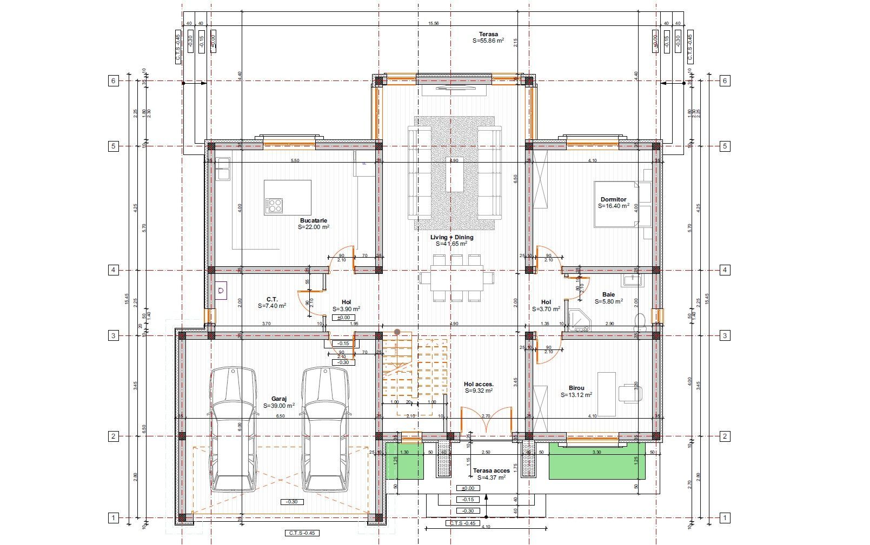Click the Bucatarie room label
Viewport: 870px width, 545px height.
tap(314, 220)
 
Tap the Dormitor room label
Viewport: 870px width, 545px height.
tap(613, 199)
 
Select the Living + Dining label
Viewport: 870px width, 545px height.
tap(451, 237)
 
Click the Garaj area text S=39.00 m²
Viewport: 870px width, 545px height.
tap(279, 406)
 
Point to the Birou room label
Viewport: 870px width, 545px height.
tap(576, 388)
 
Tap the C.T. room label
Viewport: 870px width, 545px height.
tap(272, 299)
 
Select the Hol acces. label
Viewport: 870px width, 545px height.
tap(479, 384)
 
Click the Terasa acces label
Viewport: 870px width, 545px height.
tap(491, 470)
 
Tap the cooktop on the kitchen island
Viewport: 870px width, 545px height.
tap(274, 205)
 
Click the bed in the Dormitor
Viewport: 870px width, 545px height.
tap(616, 204)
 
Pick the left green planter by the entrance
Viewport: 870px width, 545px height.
tap(404, 460)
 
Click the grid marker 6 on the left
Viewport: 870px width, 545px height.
tap(113, 81)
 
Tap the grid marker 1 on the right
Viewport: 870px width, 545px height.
tap(725, 518)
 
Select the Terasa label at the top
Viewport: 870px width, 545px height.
tap(488, 34)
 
